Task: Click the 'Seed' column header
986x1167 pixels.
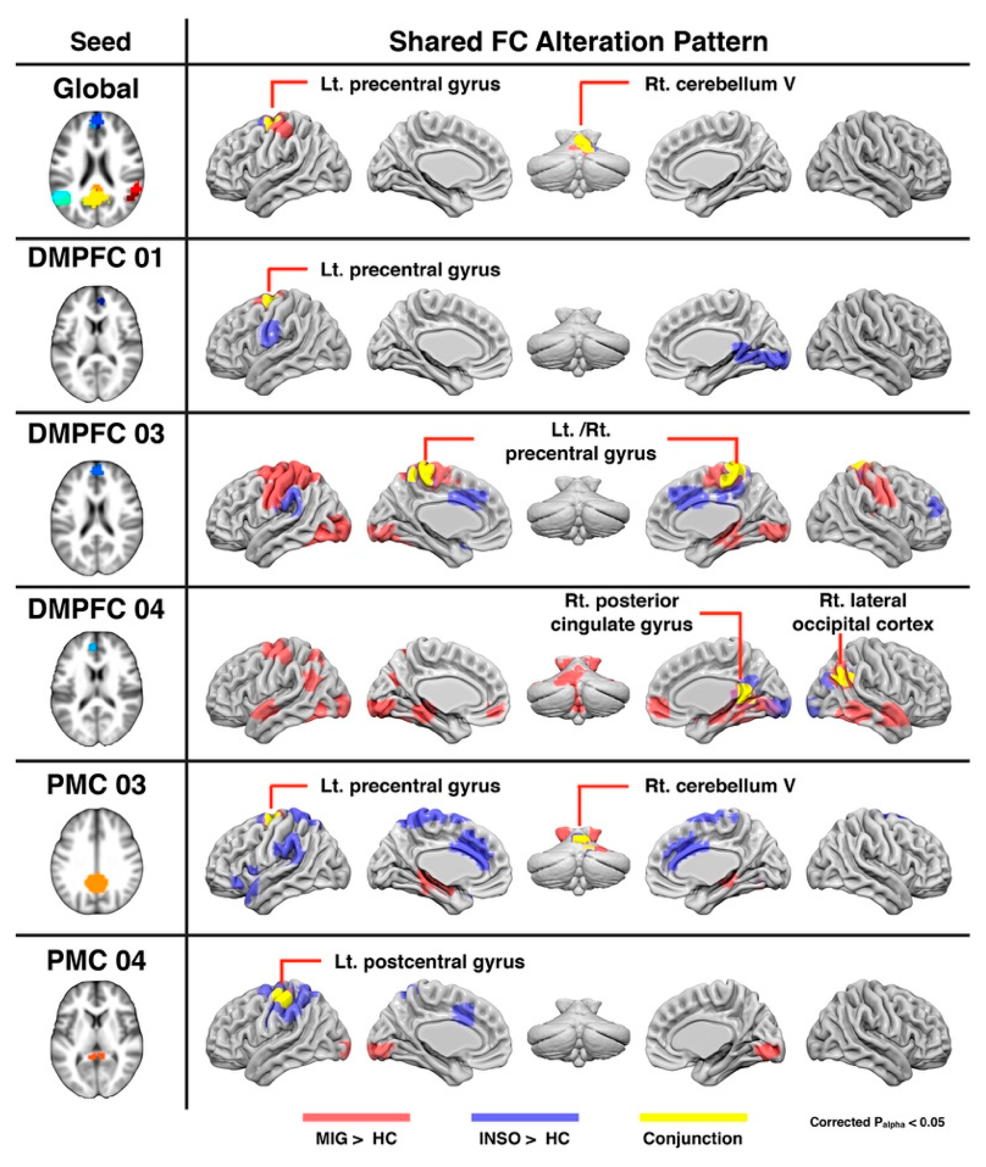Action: point(101,42)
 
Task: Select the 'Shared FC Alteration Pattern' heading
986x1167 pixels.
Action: point(578,42)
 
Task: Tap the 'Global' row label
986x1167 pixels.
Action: point(96,89)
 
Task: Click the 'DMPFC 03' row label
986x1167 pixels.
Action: point(96,434)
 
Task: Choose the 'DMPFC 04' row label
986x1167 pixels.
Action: point(96,608)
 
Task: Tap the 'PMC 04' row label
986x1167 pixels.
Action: point(96,961)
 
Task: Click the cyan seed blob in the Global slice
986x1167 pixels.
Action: point(61,198)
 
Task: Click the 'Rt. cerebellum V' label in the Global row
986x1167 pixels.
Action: point(720,84)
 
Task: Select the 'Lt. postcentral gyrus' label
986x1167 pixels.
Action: point(429,962)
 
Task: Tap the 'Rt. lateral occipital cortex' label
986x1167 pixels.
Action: point(862,612)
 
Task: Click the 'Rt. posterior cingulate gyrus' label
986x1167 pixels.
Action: point(622,612)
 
